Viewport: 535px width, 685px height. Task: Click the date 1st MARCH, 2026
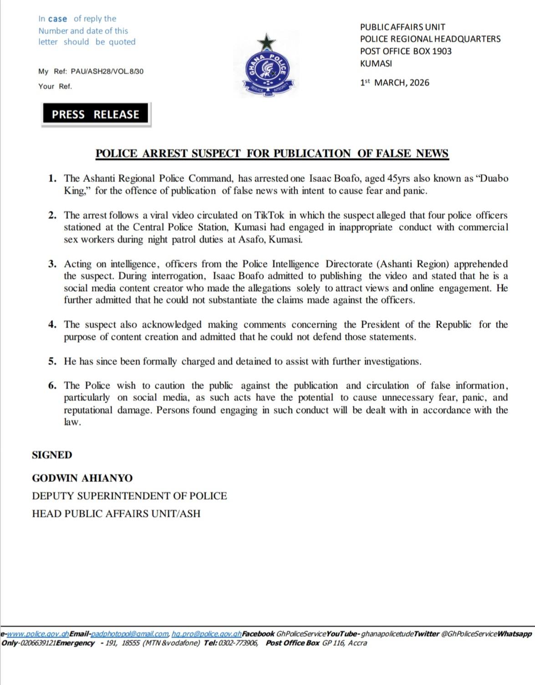coord(394,83)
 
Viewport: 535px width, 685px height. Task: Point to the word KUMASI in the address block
coord(376,64)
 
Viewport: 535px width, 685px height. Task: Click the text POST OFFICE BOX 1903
coord(406,51)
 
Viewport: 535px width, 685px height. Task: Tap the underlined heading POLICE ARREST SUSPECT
coord(272,153)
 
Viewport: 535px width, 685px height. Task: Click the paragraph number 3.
coord(53,264)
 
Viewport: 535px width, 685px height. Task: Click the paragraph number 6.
coord(53,386)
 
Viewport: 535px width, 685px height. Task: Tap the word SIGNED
coord(52,455)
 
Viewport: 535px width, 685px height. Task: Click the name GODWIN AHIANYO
coord(82,478)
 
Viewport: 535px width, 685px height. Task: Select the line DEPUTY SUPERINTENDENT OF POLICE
coord(129,496)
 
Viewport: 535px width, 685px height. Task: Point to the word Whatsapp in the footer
coord(515,634)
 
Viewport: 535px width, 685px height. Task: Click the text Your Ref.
coord(55,86)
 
